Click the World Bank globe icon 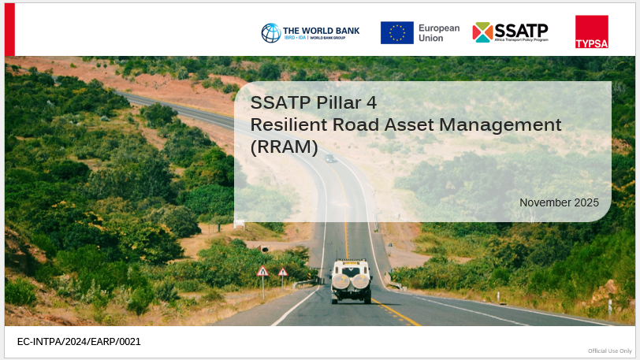click(x=271, y=33)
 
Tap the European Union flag click(x=397, y=32)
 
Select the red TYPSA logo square click(x=591, y=32)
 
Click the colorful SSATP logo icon click(x=482, y=32)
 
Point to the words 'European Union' click(x=439, y=33)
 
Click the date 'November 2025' click(x=559, y=202)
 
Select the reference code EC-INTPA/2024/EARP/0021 click(x=79, y=342)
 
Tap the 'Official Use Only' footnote click(x=610, y=351)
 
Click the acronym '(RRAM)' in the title click(x=284, y=147)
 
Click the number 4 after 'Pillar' click(x=371, y=103)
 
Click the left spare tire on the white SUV click(x=340, y=282)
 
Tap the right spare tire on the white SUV click(x=360, y=282)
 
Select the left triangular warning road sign click(x=262, y=271)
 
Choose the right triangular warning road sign click(x=283, y=273)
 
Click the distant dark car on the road click(x=330, y=158)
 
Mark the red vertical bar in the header click(x=9, y=29)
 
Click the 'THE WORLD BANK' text click(x=322, y=31)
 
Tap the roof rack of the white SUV click(x=352, y=260)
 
